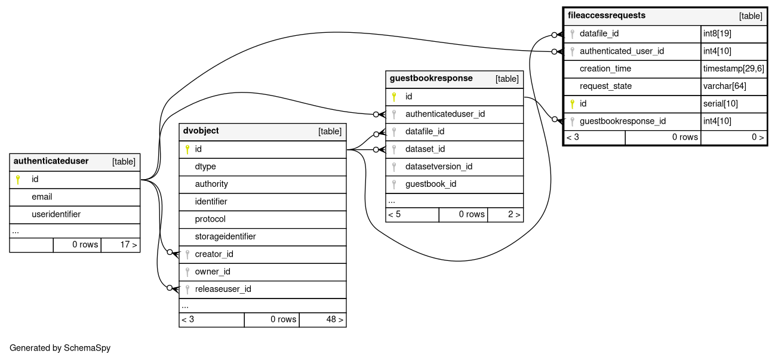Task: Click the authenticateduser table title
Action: click(x=51, y=161)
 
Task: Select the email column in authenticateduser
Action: click(x=42, y=197)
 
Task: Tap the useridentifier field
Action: click(x=56, y=214)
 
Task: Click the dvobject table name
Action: click(x=201, y=131)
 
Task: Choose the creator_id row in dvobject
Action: click(x=214, y=254)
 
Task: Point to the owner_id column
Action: click(x=213, y=272)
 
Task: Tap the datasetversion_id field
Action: click(x=439, y=167)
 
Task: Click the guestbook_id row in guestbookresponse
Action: click(x=430, y=184)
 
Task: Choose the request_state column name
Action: click(x=605, y=86)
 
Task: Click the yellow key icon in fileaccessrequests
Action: click(x=572, y=104)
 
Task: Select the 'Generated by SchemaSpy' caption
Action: click(x=60, y=348)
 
